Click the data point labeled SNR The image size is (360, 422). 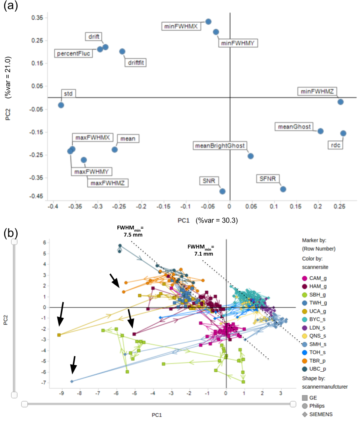[x=222, y=191]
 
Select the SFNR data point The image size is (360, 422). [x=283, y=189]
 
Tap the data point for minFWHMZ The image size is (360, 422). [x=340, y=102]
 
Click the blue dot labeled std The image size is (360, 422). [x=61, y=105]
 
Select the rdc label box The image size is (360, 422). [x=335, y=145]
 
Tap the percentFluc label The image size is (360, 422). [x=73, y=53]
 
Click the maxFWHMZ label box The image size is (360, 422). [x=108, y=183]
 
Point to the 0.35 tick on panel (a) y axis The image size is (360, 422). [x=37, y=18]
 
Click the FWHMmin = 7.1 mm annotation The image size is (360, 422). [x=201, y=250]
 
